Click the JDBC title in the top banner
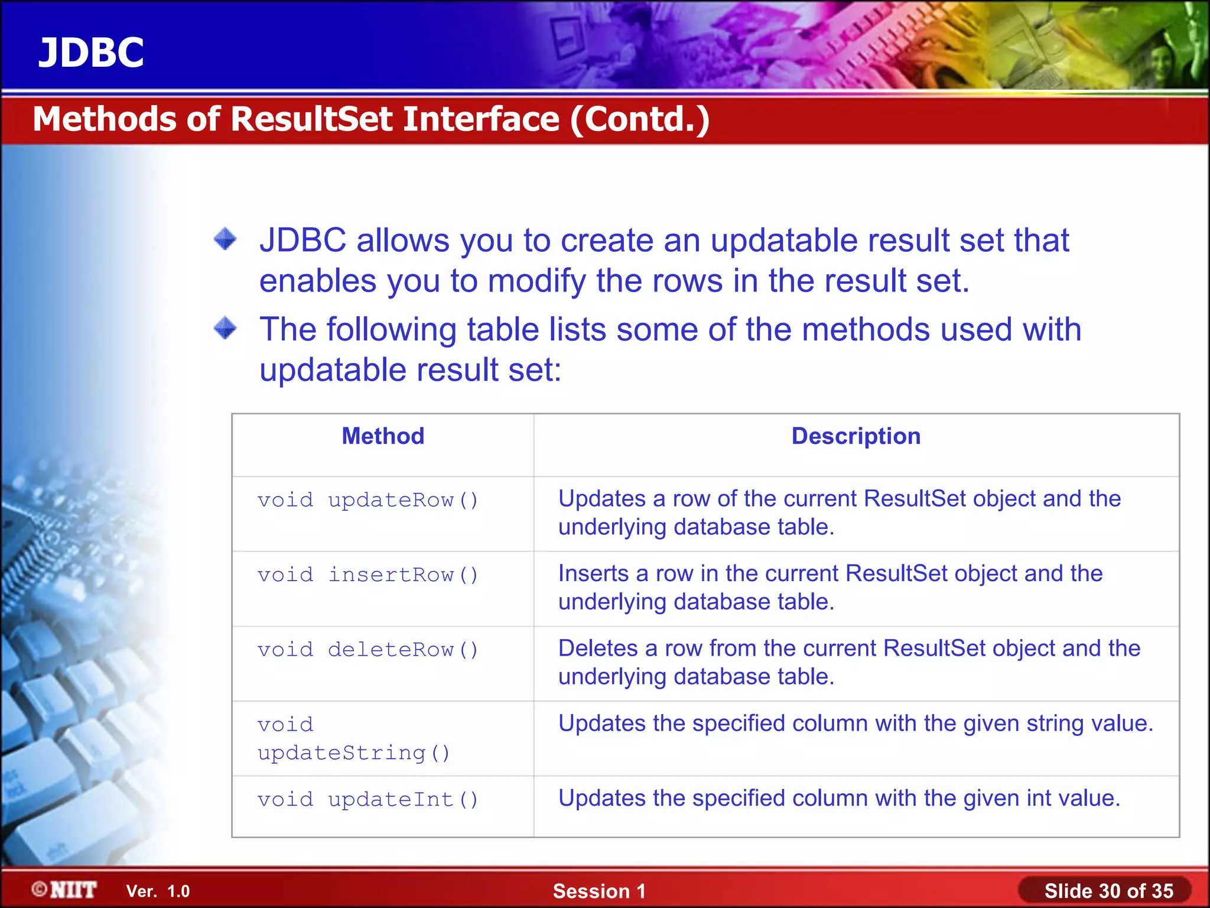click(x=91, y=53)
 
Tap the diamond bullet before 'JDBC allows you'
click(x=225, y=239)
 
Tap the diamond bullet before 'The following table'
click(x=225, y=328)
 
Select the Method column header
click(x=383, y=436)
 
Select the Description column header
click(x=856, y=436)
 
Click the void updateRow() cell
click(x=367, y=501)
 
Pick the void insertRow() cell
click(x=367, y=575)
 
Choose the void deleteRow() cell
click(x=367, y=650)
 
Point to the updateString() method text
click(x=353, y=753)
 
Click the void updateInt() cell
click(x=367, y=800)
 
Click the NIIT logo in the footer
click(x=65, y=890)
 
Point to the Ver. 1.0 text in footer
click(x=158, y=891)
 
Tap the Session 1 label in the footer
click(x=599, y=891)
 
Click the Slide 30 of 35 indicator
click(x=1108, y=891)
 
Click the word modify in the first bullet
click(x=536, y=281)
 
